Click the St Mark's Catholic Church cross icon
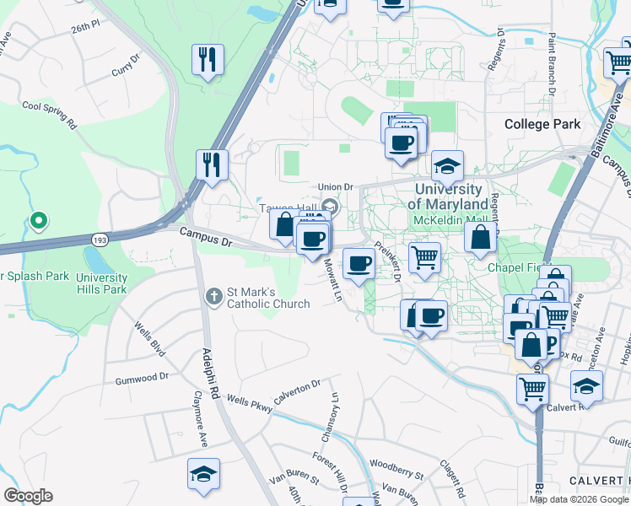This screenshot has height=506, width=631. coord(213,296)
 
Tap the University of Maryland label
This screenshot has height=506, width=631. coord(447,197)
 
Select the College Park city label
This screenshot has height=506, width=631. coord(542,124)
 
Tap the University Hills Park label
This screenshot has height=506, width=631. coord(101,283)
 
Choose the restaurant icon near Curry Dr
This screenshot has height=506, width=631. coord(207,59)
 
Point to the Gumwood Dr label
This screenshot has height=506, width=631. coord(143,379)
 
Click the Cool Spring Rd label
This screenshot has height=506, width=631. coord(49,111)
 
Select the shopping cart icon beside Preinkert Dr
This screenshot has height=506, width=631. coord(424,256)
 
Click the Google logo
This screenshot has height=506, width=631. coord(28,496)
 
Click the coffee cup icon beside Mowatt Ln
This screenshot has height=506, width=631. coord(359,262)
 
